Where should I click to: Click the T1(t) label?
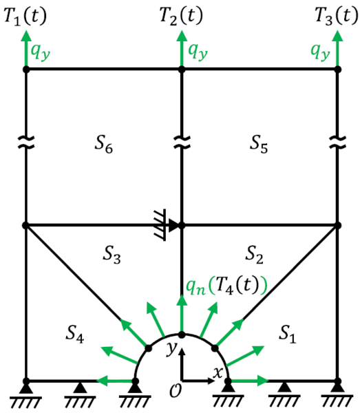pyautogui.click(x=25, y=17)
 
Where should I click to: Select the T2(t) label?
pyautogui.click(x=181, y=17)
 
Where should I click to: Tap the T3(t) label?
pyautogui.click(x=337, y=17)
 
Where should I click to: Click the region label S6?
pyautogui.click(x=104, y=144)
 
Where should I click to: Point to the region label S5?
pyautogui.click(x=259, y=144)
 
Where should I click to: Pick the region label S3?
pyautogui.click(x=112, y=255)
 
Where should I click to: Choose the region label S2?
pyautogui.click(x=254, y=255)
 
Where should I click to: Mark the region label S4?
pyautogui.click(x=75, y=335)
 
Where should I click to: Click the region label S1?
pyautogui.click(x=287, y=335)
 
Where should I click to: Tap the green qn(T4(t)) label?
pyautogui.click(x=226, y=286)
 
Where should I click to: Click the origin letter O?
pyautogui.click(x=175, y=390)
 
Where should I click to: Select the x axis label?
pyautogui.click(x=218, y=372)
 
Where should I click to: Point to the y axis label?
pyautogui.click(x=172, y=348)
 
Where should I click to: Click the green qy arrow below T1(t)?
pyautogui.click(x=25, y=48)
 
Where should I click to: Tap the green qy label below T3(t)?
pyautogui.click(x=320, y=52)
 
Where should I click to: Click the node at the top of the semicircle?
pyautogui.click(x=182, y=335)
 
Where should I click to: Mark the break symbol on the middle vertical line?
pyautogui.click(x=182, y=142)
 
